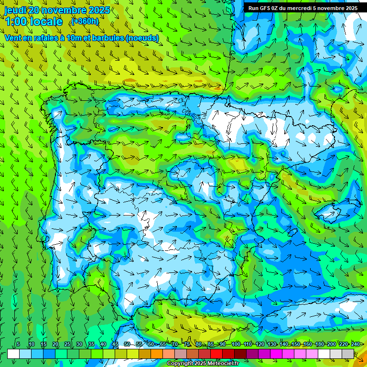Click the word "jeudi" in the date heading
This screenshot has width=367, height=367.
click(x=15, y=10)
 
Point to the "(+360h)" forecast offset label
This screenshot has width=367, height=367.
click(x=85, y=22)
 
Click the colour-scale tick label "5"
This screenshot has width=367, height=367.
click(x=18, y=345)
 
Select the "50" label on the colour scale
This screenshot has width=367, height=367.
click(x=127, y=345)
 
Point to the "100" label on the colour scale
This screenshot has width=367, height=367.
click(x=236, y=345)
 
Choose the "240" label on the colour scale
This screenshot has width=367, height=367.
click(x=356, y=345)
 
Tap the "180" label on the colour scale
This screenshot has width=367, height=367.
click(x=320, y=345)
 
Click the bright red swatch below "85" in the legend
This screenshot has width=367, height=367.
click(x=216, y=354)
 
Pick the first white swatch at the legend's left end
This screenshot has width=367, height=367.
click(x=13, y=354)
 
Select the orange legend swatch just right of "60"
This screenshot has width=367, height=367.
click(x=157, y=354)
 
